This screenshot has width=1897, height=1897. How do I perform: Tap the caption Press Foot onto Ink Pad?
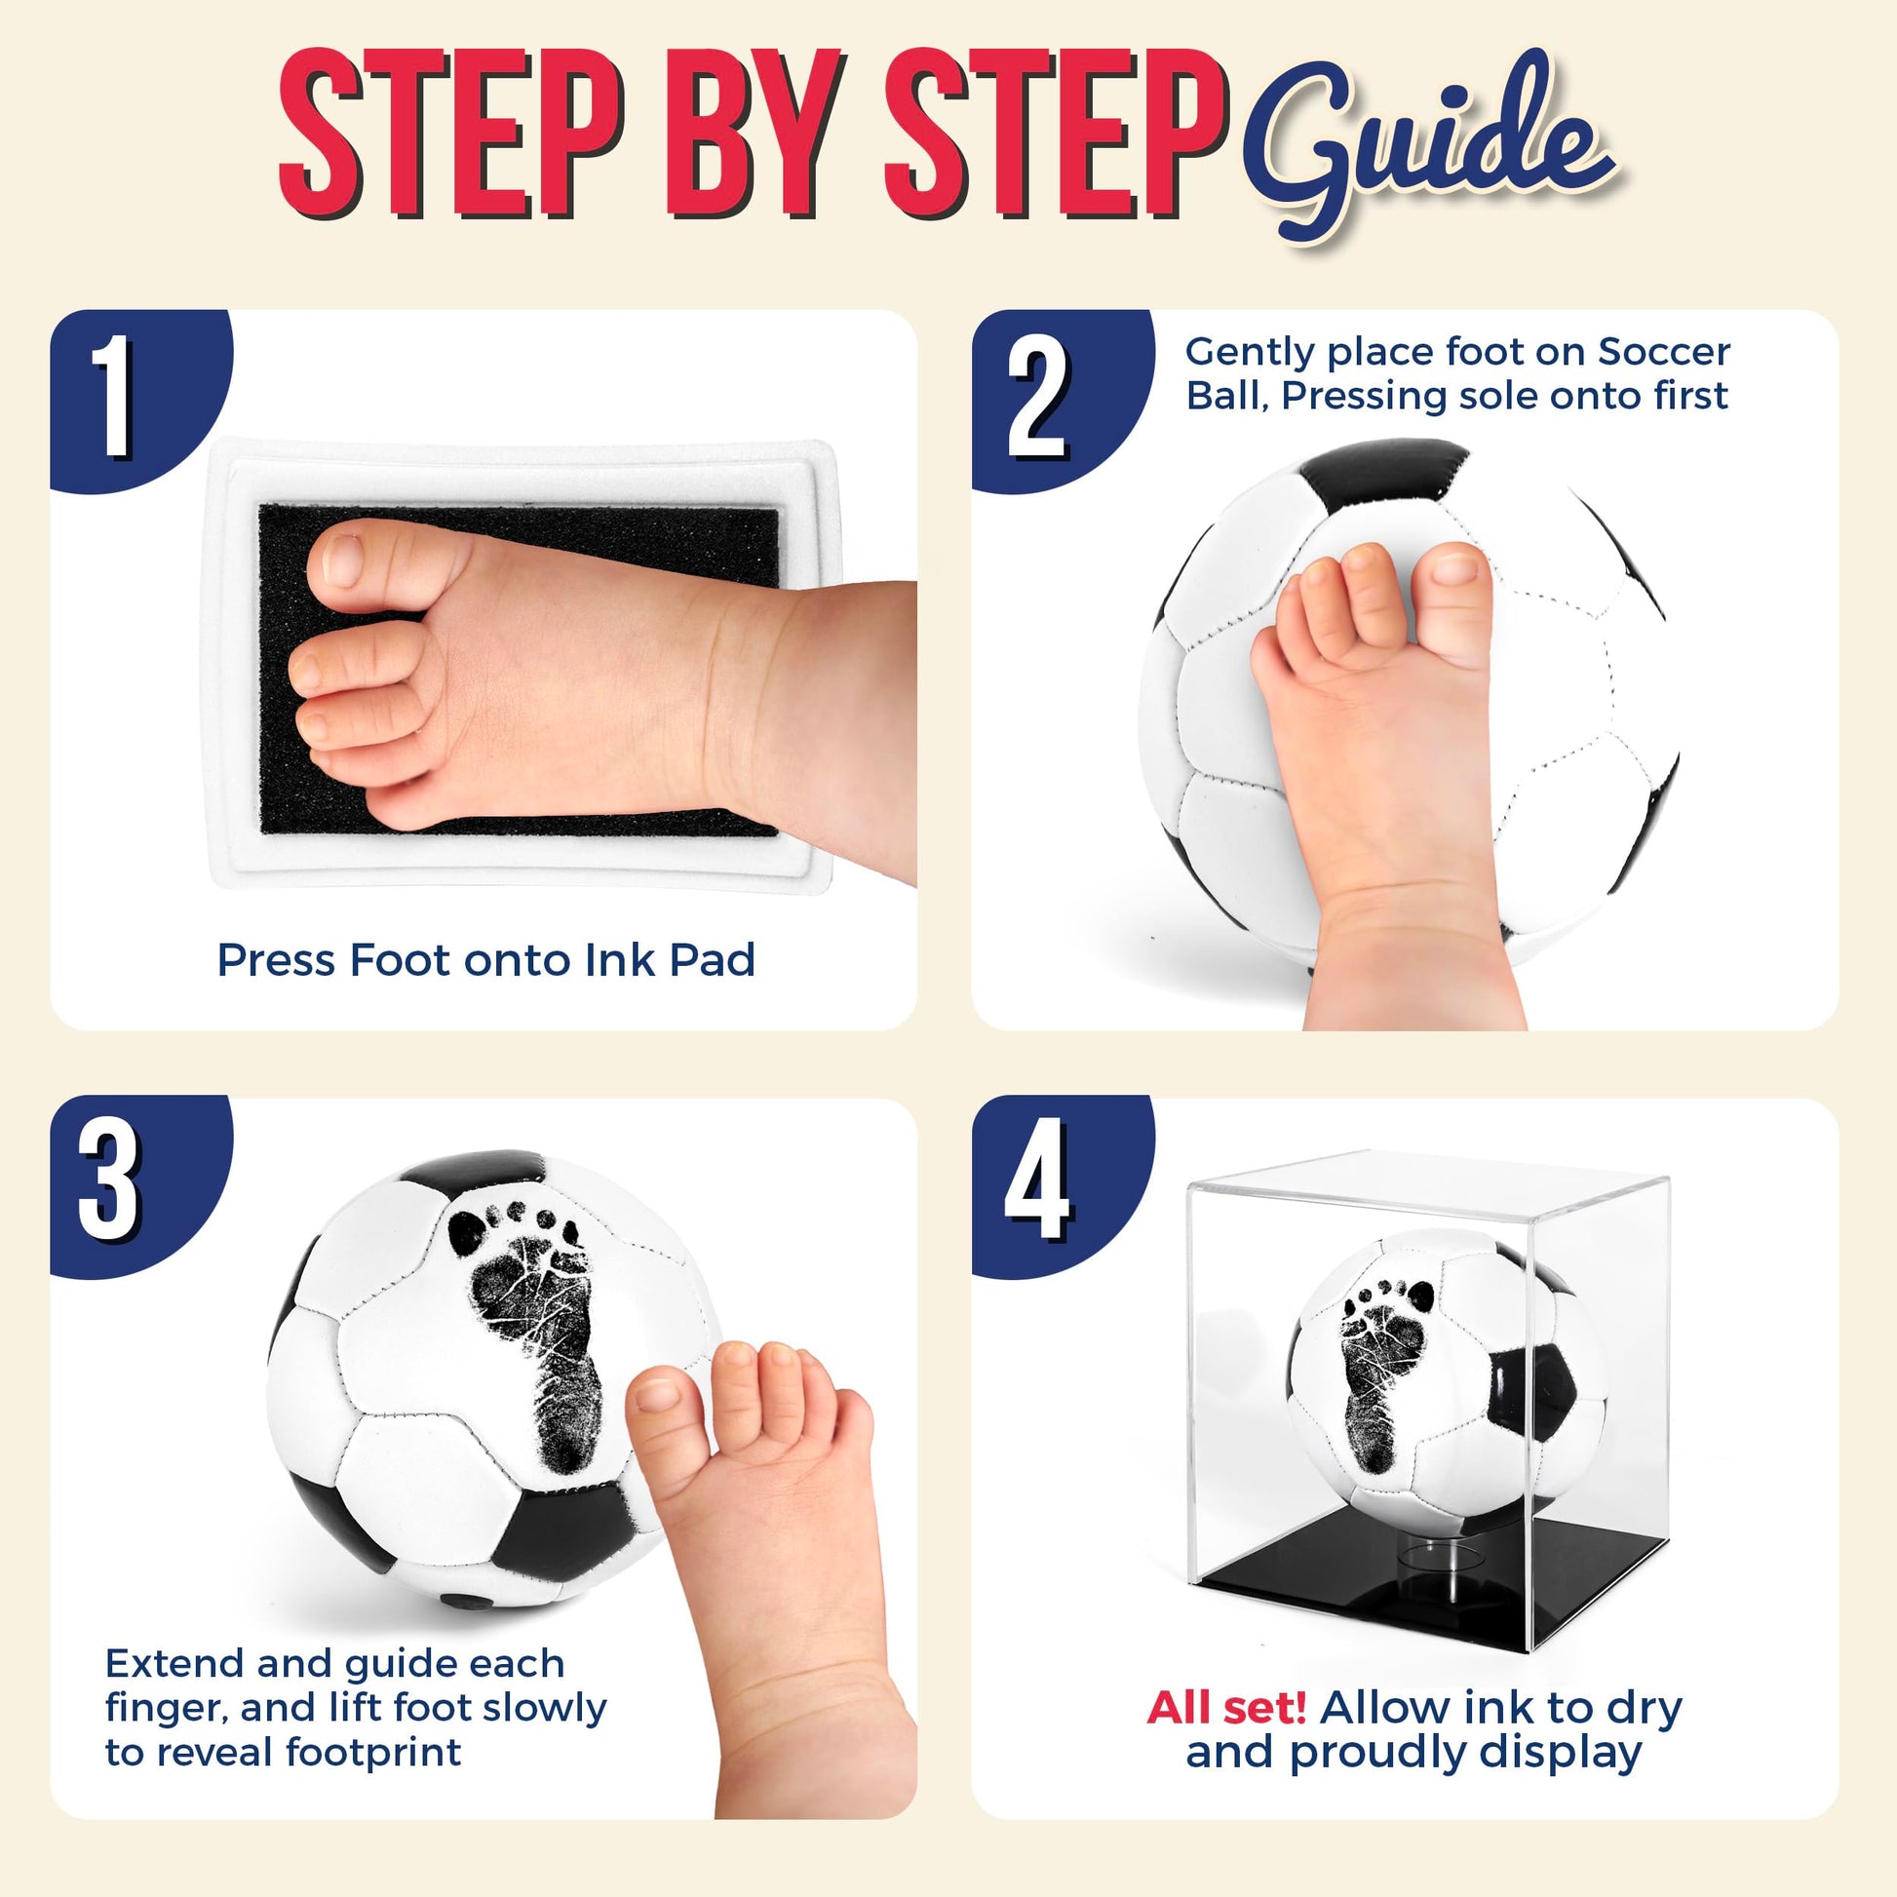[x=486, y=959]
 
